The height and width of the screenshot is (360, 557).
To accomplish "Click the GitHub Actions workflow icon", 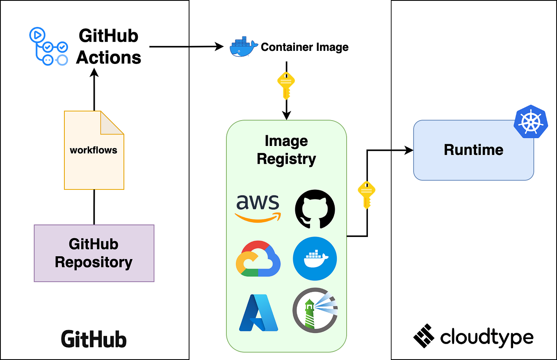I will [x=48, y=47].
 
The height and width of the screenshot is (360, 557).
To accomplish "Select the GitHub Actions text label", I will [x=109, y=47].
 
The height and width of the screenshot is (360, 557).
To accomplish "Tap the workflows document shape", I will [x=94, y=150].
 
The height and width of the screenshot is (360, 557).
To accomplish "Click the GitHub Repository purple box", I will [x=94, y=253].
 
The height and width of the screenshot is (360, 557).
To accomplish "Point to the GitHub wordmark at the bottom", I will [x=94, y=339].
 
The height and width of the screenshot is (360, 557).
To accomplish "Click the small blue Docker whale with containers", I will [x=244, y=46].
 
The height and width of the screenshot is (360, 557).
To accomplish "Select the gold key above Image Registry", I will [x=286, y=85].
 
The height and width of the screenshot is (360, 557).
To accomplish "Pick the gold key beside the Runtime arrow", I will [x=366, y=194].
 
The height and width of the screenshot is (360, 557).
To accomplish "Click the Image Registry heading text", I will [x=286, y=150].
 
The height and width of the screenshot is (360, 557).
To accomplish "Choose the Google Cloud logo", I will [x=258, y=259].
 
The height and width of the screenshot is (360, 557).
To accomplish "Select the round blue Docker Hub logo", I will [x=315, y=259].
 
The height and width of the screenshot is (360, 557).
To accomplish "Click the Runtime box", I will [x=473, y=150].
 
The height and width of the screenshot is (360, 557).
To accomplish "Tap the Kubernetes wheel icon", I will [x=531, y=121].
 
